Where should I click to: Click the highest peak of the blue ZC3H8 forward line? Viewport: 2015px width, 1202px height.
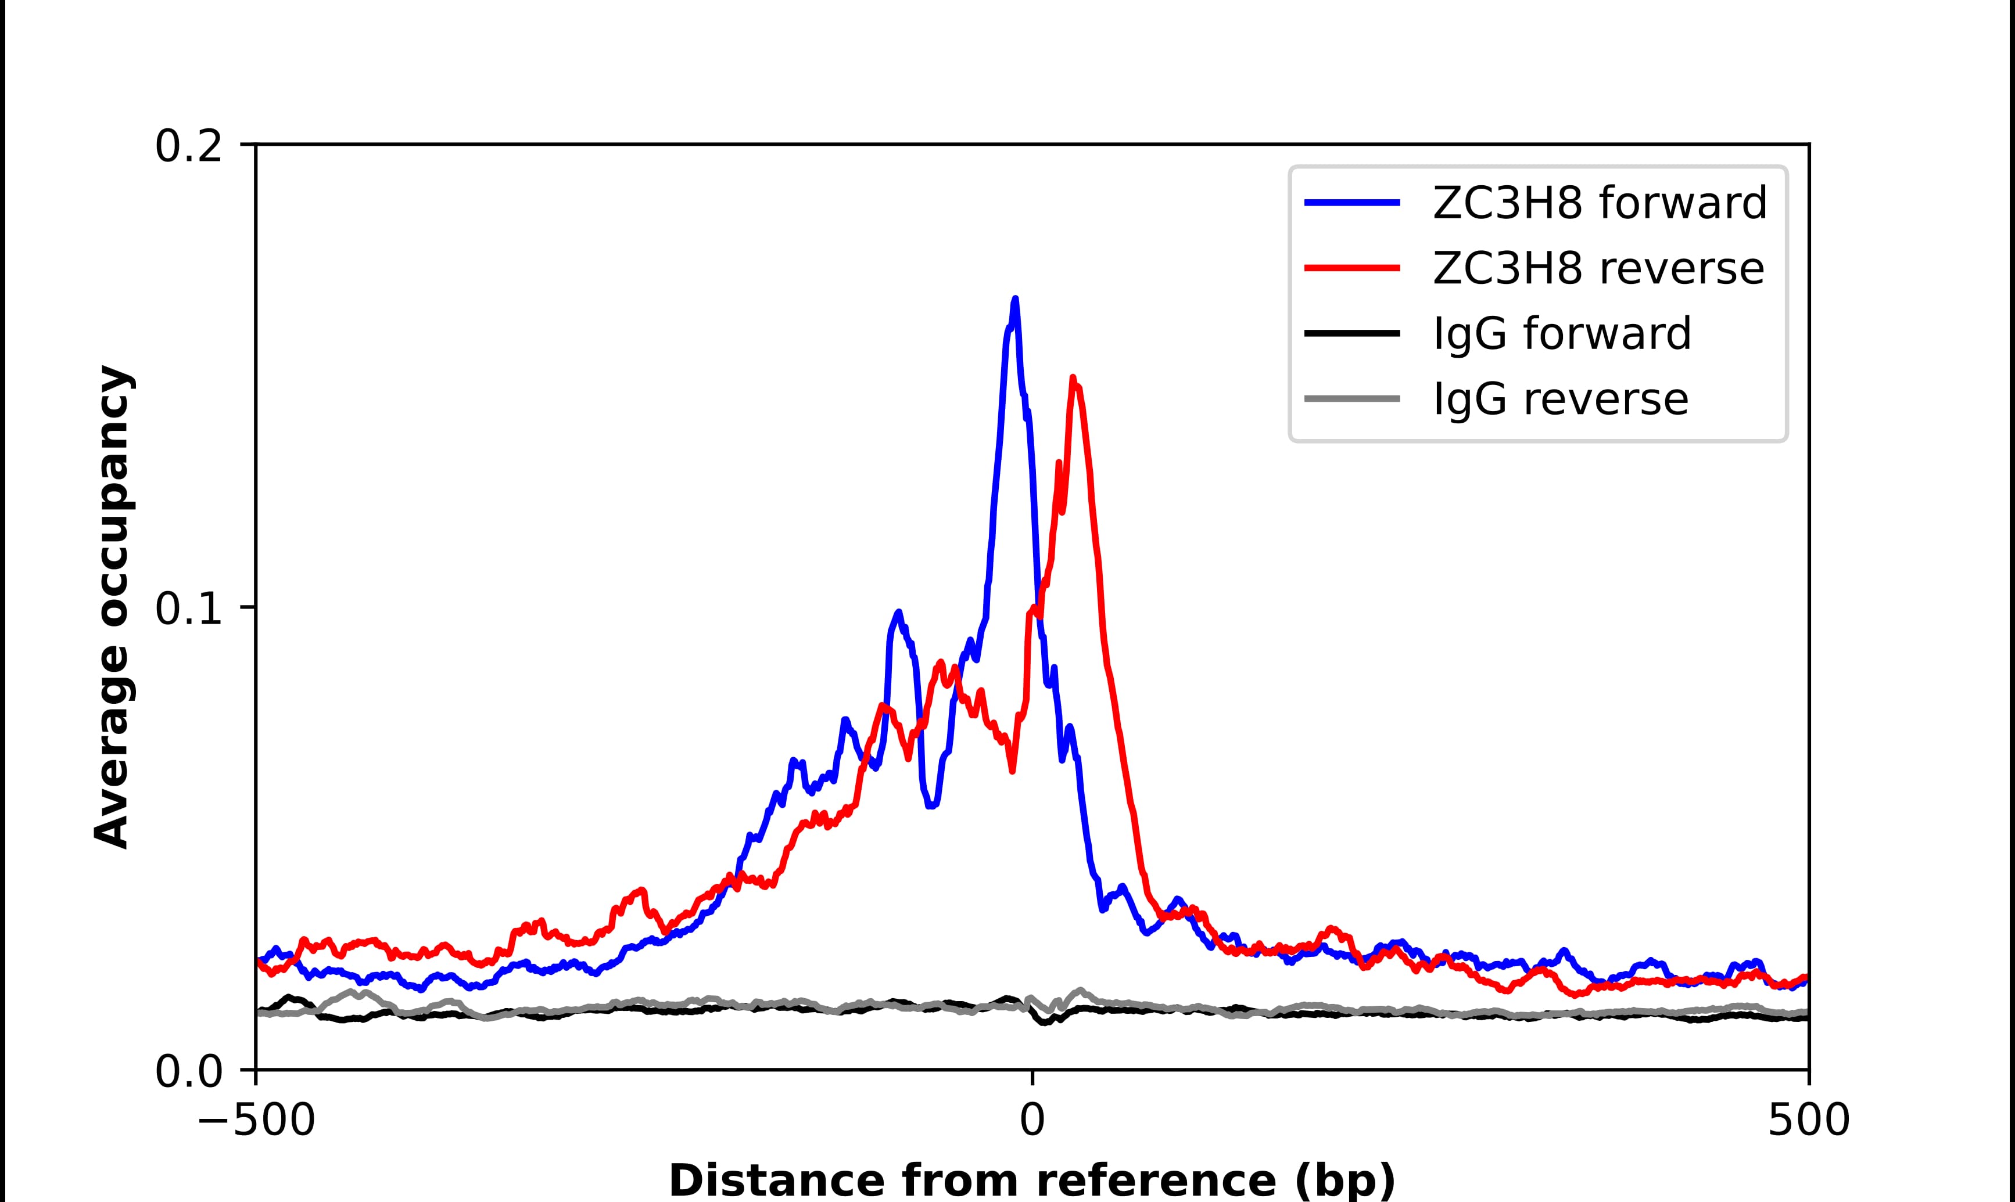point(1014,300)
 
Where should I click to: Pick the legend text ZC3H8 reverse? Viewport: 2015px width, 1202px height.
point(1598,268)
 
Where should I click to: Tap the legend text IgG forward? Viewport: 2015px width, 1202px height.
point(1561,334)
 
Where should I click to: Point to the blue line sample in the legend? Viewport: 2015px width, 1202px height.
point(1351,203)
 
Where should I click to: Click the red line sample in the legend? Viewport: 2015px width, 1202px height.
point(1351,268)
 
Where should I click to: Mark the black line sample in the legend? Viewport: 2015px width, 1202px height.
point(1351,333)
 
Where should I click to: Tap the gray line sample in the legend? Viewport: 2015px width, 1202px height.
point(1351,398)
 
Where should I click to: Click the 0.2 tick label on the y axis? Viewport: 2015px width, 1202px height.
point(188,146)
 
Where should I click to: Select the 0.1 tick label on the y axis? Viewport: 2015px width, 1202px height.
point(188,609)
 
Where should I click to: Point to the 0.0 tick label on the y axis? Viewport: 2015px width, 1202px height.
point(188,1071)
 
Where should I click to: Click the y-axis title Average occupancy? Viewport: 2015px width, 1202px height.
point(113,607)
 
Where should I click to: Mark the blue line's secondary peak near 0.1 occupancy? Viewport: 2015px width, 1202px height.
point(898,613)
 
